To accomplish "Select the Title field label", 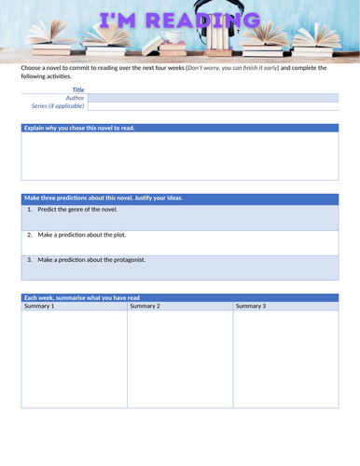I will [x=77, y=89].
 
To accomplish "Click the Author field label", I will [x=75, y=97].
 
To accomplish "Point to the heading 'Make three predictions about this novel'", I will [x=104, y=198].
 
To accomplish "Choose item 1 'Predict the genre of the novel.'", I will [x=77, y=210].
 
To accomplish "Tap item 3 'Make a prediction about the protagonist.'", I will [x=91, y=260].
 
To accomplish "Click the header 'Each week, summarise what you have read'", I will [x=82, y=297].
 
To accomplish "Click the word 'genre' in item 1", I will [x=81, y=210].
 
